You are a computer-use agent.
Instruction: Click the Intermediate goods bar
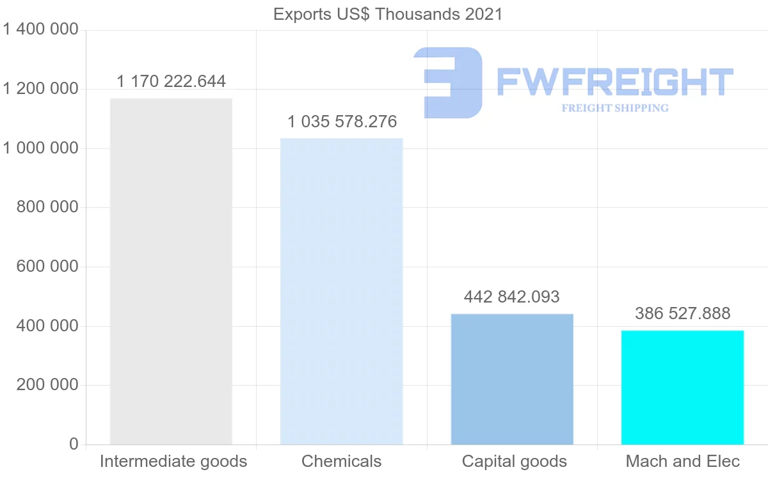[x=171, y=271]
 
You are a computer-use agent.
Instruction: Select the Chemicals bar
[x=342, y=291]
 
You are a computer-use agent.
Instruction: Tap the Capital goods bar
[x=512, y=379]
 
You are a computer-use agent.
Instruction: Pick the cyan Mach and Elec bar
[x=682, y=387]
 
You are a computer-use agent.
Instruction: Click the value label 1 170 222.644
[x=171, y=81]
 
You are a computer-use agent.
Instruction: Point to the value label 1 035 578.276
[x=342, y=122]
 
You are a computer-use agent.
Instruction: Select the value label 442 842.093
[x=512, y=297]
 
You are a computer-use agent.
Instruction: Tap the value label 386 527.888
[x=682, y=313]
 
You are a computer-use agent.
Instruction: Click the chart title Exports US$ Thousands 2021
[x=388, y=14]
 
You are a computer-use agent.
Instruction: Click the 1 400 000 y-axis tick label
[x=40, y=29]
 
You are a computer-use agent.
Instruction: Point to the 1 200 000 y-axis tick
[x=40, y=89]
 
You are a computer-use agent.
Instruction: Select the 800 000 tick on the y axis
[x=47, y=207]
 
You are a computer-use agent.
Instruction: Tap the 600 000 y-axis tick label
[x=47, y=267]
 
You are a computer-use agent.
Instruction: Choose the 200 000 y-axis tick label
[x=47, y=385]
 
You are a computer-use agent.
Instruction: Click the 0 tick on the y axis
[x=73, y=444]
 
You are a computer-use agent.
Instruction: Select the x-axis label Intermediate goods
[x=173, y=461]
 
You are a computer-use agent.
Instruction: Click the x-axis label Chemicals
[x=342, y=461]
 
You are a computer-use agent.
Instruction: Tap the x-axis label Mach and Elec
[x=682, y=461]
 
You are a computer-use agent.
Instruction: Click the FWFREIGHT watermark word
[x=614, y=82]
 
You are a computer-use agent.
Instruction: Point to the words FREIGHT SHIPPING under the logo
[x=615, y=108]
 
